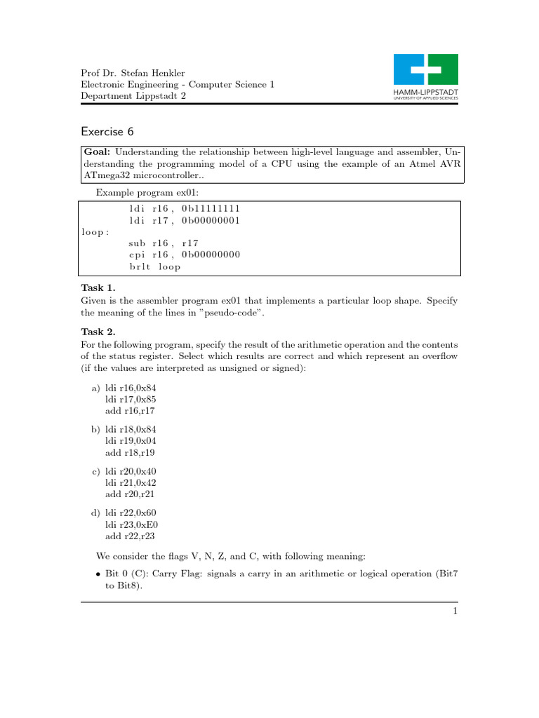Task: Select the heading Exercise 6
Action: tap(107, 132)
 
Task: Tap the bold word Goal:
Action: tap(98, 151)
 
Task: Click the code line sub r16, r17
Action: tap(164, 243)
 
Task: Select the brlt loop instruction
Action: tap(154, 266)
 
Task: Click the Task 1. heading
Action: tap(98, 288)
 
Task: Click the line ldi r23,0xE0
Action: tap(132, 525)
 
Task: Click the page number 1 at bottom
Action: tap(455, 611)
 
